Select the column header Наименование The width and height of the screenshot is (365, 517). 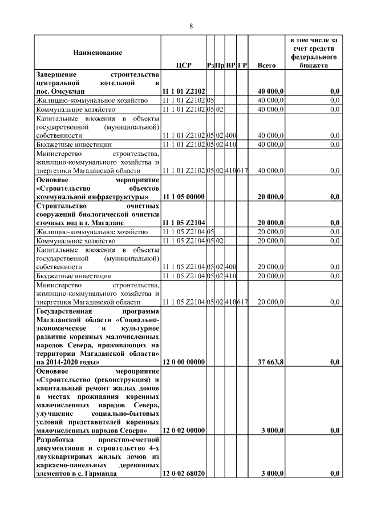pyautogui.click(x=97, y=53)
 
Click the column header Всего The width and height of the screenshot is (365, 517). pyautogui.click(x=266, y=66)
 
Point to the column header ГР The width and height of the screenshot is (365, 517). pyautogui.click(x=242, y=66)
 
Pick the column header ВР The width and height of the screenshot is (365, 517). pyautogui.click(x=230, y=66)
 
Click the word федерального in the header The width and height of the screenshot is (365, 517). pyautogui.click(x=313, y=58)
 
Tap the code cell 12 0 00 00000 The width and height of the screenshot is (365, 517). pyautogui.click(x=184, y=362)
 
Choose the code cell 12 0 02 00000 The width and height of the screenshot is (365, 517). pyautogui.click(x=184, y=430)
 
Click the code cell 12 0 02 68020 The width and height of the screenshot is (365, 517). pyautogui.click(x=184, y=473)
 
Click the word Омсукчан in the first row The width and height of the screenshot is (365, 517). pyautogui.click(x=67, y=91)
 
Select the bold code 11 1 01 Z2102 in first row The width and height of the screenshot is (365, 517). pyautogui.click(x=184, y=91)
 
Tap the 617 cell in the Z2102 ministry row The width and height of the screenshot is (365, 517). pyautogui.click(x=242, y=171)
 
